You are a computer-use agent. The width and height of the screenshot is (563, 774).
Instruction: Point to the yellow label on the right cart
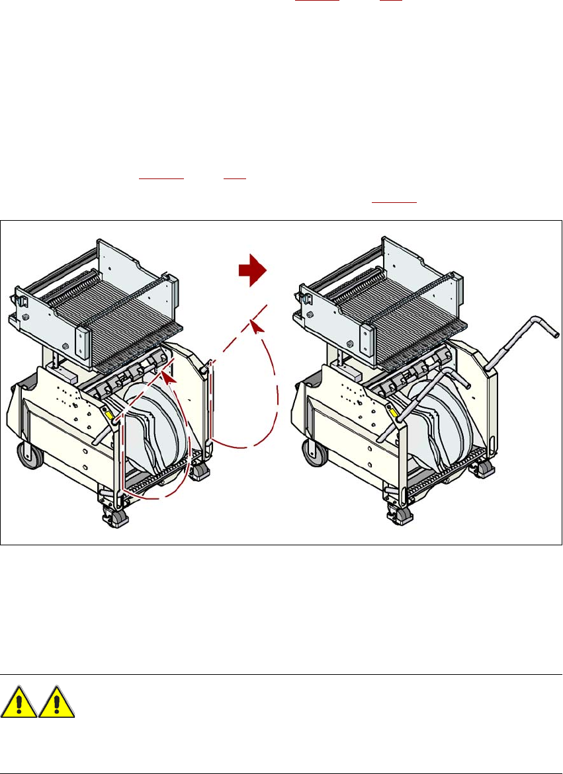[x=394, y=414]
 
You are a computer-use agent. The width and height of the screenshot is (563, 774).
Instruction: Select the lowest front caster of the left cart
[x=113, y=516]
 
